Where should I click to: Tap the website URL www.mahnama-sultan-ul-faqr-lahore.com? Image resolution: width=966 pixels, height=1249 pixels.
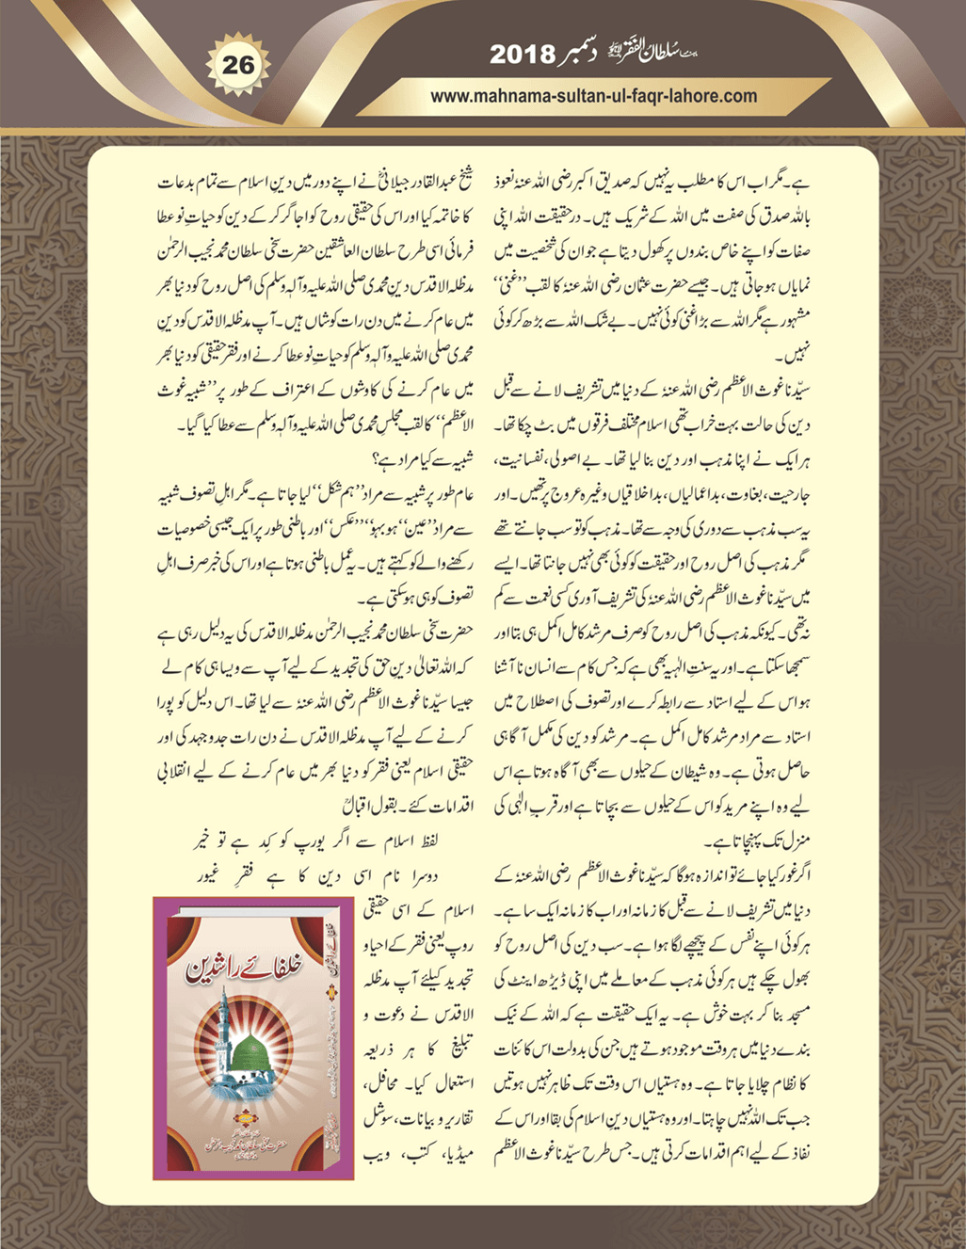tap(593, 95)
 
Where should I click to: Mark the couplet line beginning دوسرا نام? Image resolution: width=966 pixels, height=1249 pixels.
tap(320, 867)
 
